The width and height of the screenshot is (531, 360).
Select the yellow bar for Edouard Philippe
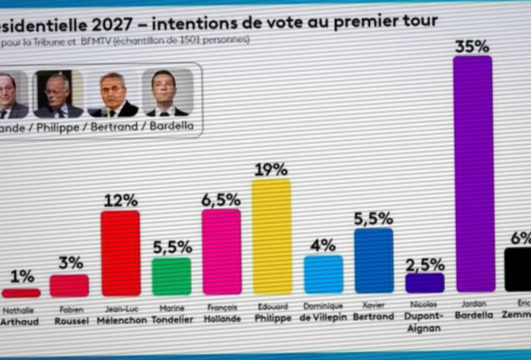pos(271,236)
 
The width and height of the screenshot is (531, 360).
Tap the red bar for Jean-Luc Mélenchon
pos(120,253)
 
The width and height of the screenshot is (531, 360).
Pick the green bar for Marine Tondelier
pos(171,276)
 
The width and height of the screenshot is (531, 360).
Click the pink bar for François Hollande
pos(221,251)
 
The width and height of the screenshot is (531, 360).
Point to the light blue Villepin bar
pos(323,274)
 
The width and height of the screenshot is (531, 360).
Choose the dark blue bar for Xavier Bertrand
pos(374,260)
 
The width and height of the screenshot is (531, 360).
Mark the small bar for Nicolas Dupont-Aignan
pos(425,283)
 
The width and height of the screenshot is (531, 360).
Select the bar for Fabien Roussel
pos(69,285)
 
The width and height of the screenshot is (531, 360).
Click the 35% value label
pos(472,47)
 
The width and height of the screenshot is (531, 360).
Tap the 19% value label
pos(270,170)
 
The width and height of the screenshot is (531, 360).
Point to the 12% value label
pos(120,201)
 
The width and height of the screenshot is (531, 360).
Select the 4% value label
pos(323,245)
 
